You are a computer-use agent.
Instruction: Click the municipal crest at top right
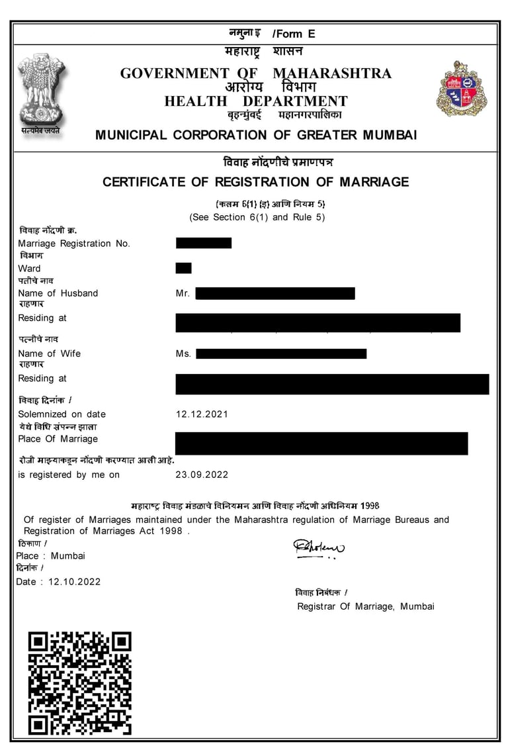click(461, 89)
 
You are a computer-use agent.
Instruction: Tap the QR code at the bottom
click(79, 682)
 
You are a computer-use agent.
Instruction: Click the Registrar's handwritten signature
click(319, 547)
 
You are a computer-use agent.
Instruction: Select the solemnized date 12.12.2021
click(202, 414)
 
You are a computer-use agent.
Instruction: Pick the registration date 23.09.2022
click(202, 475)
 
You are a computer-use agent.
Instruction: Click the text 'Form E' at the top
click(294, 34)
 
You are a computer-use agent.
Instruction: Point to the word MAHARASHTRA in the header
click(332, 73)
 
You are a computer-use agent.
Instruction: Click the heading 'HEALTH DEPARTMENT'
click(256, 101)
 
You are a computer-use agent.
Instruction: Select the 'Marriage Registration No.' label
click(74, 244)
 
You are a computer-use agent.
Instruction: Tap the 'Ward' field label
click(29, 268)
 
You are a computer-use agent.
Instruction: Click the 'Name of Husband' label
click(58, 293)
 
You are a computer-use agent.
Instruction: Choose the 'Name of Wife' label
click(50, 353)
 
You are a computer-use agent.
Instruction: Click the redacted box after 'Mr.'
click(275, 293)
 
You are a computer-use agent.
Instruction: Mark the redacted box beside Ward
click(183, 268)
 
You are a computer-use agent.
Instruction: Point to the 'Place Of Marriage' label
click(58, 439)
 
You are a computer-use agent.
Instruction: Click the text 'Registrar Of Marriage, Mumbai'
click(365, 606)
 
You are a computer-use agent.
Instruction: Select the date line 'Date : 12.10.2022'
click(58, 581)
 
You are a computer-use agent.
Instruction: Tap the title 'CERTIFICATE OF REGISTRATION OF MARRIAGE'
click(255, 182)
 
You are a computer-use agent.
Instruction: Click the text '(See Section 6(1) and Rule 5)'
click(257, 217)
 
